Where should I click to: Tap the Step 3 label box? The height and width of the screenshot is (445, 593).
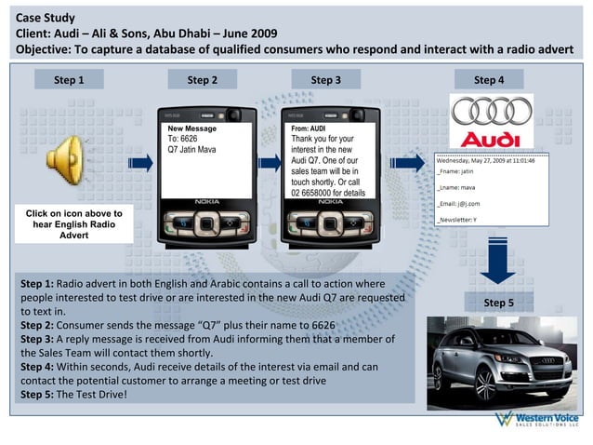pyautogui.click(x=325, y=80)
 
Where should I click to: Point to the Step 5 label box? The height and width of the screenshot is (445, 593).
pyautogui.click(x=498, y=303)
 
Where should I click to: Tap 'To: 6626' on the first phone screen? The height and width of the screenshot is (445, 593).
pyautogui.click(x=183, y=139)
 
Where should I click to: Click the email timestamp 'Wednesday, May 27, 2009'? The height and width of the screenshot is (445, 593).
pyautogui.click(x=486, y=160)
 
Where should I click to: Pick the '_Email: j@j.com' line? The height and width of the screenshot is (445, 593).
pyautogui.click(x=458, y=203)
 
